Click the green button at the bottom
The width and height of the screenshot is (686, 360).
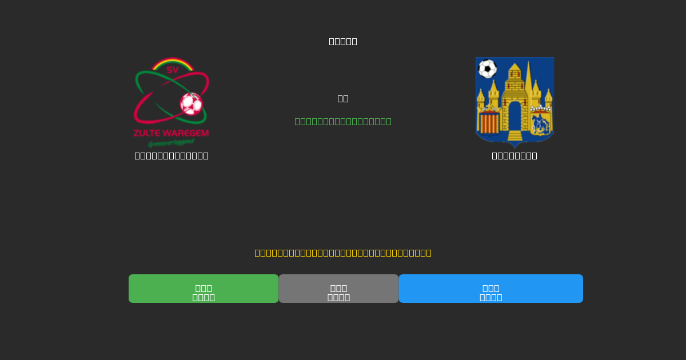click(x=204, y=289)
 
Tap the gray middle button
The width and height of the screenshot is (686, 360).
click(x=338, y=289)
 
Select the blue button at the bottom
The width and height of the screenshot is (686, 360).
click(x=490, y=289)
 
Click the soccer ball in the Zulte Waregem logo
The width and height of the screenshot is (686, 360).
click(x=191, y=104)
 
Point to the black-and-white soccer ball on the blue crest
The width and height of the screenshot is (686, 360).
click(x=487, y=69)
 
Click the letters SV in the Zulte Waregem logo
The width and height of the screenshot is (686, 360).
click(x=172, y=70)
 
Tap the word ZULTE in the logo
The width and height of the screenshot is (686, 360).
click(x=147, y=134)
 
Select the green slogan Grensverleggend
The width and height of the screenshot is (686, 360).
click(x=171, y=143)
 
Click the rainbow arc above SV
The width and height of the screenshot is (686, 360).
click(x=172, y=62)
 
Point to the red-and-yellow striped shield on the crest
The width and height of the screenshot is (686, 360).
click(x=489, y=123)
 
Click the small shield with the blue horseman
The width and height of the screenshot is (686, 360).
click(x=540, y=123)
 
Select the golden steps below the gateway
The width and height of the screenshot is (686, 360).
click(x=514, y=136)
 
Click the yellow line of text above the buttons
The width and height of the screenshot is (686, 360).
click(x=343, y=253)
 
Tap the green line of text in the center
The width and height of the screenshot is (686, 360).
click(x=343, y=121)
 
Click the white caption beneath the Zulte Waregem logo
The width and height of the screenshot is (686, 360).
click(x=171, y=155)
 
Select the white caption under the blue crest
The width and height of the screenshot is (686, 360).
click(x=514, y=155)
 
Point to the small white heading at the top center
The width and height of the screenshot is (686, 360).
click(x=343, y=41)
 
